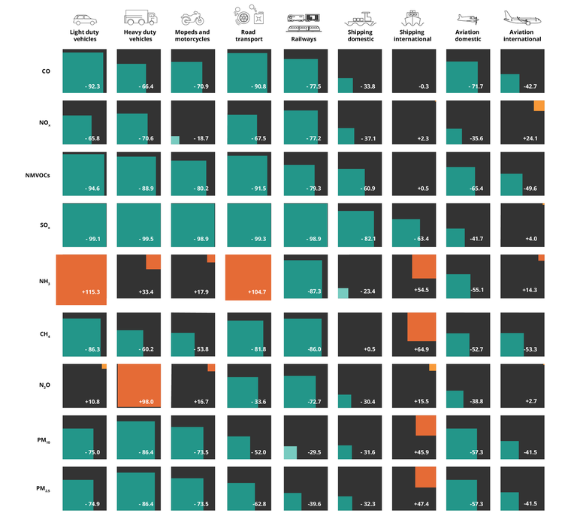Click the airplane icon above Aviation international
tap(522, 18)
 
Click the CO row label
tap(47, 71)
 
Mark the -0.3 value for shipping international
tap(424, 86)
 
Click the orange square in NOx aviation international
tap(539, 106)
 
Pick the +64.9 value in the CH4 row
tap(425, 349)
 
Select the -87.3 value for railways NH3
tap(310, 291)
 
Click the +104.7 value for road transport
tap(256, 291)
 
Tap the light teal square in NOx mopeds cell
tap(175, 140)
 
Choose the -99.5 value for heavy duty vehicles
tap(147, 239)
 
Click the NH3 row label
tap(44, 282)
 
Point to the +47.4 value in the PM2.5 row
tap(425, 502)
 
